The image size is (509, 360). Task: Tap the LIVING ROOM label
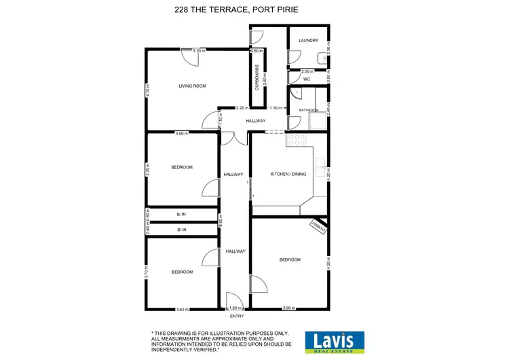(192, 86)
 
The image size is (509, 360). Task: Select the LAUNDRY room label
(308, 41)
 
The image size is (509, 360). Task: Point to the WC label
(307, 79)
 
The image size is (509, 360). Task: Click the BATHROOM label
(309, 109)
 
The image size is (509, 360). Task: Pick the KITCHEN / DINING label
(288, 174)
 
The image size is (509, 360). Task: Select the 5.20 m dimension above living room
(199, 51)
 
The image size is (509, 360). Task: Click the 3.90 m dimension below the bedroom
(288, 308)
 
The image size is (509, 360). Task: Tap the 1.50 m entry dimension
(234, 308)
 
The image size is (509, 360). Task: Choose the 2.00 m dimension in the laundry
(307, 71)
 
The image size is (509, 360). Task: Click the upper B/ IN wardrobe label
(181, 214)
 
